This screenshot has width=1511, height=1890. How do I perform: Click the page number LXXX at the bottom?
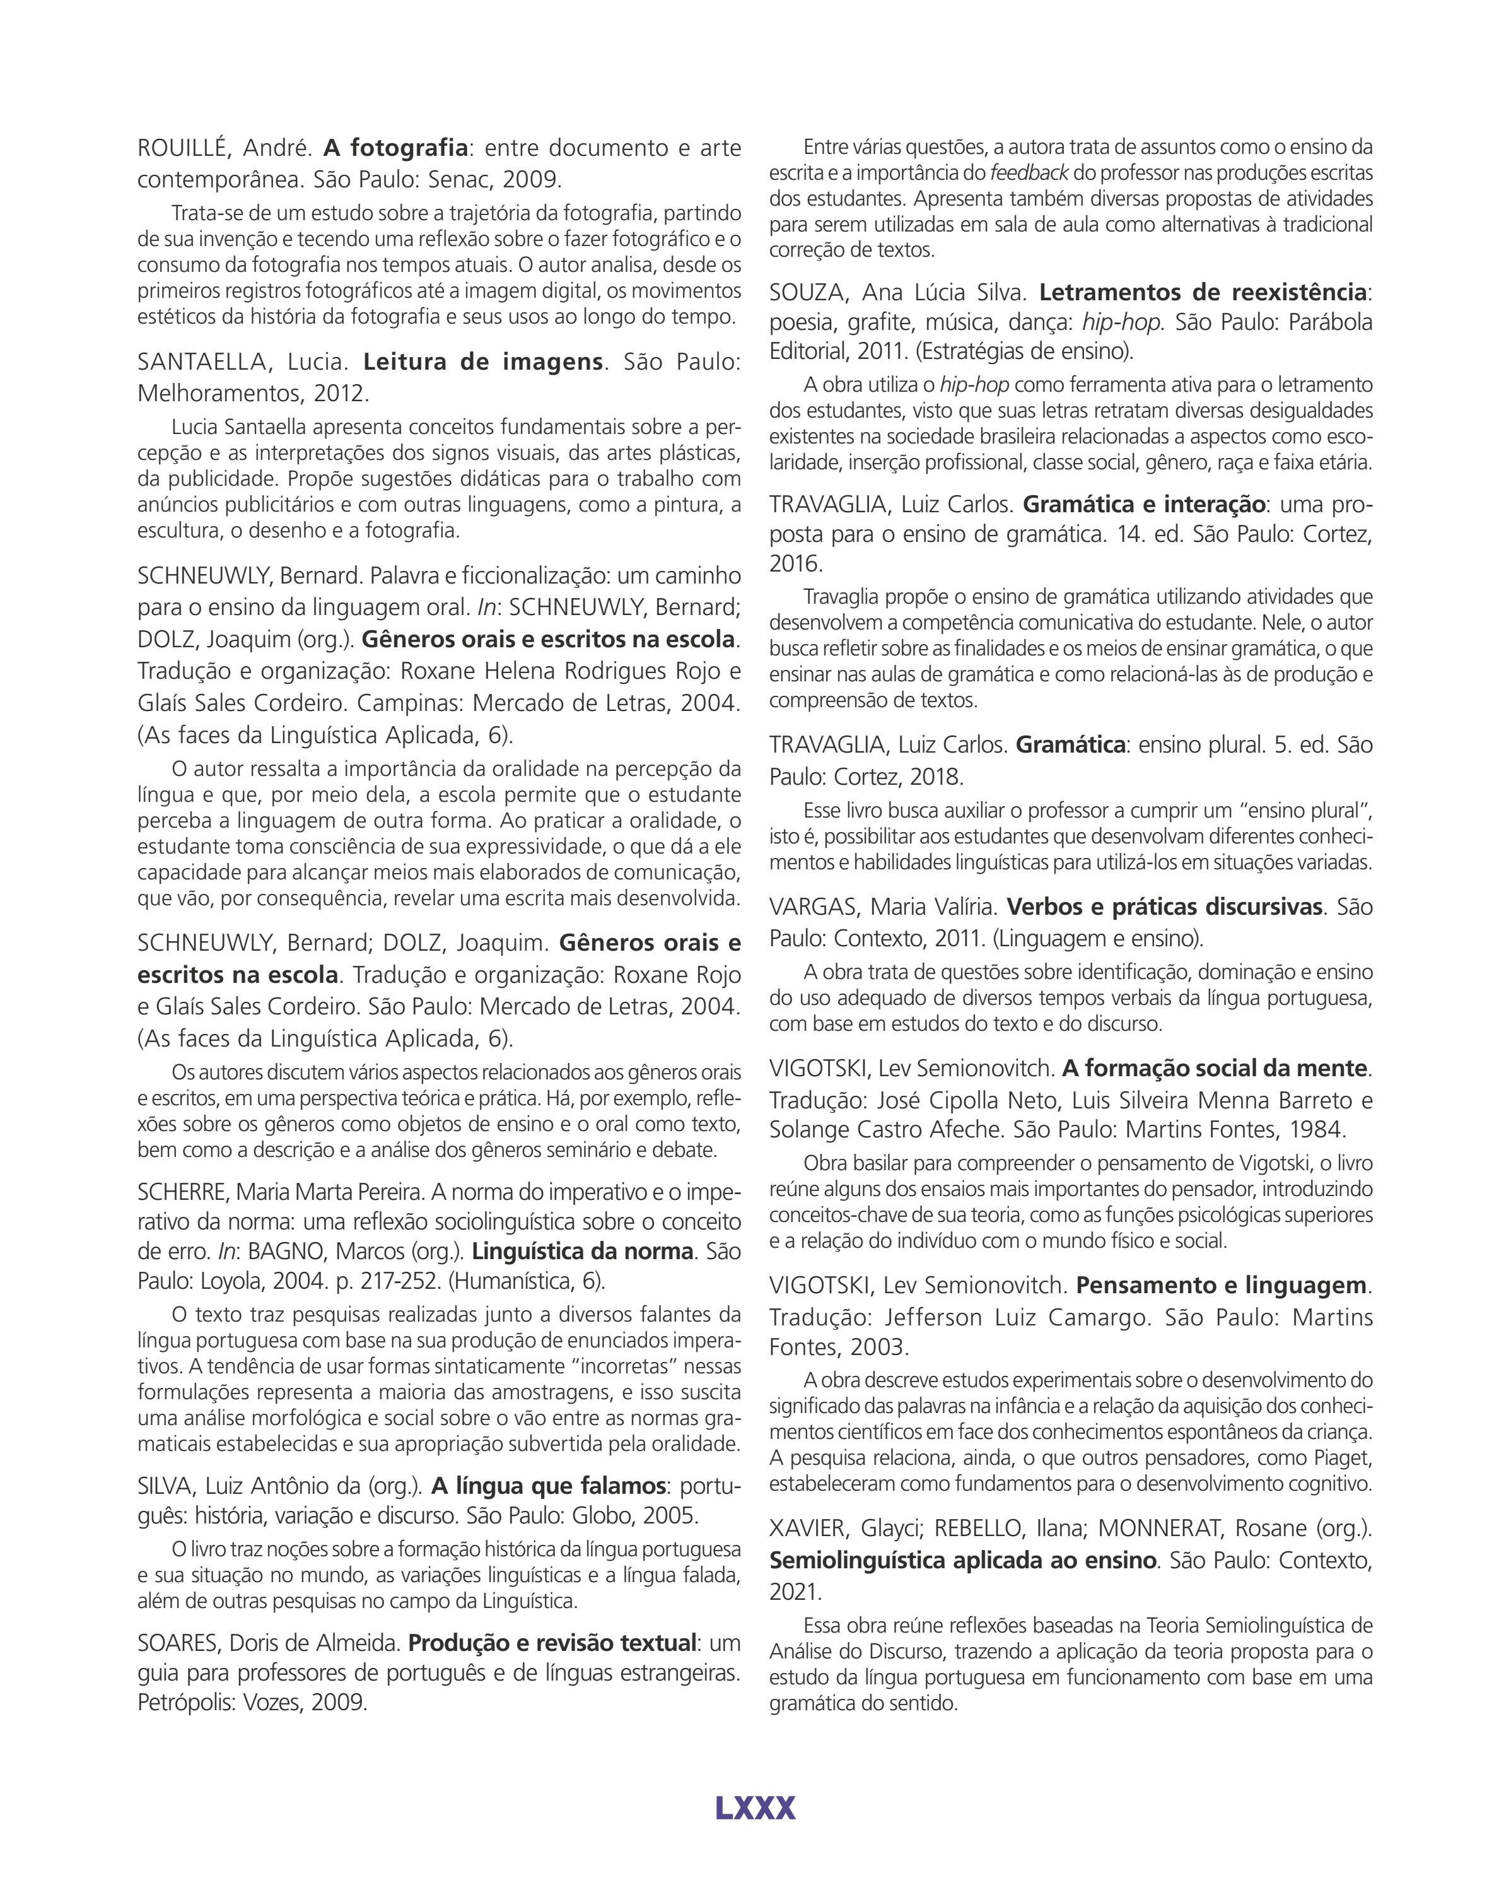pyautogui.click(x=755, y=1807)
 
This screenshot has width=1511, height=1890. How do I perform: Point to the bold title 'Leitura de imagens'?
pyautogui.click(x=483, y=361)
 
